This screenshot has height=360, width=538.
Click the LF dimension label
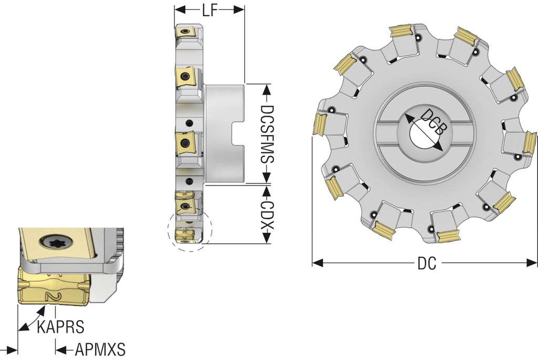point(209,10)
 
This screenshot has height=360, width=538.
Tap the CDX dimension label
point(267,214)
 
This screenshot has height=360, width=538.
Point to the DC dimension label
point(427,263)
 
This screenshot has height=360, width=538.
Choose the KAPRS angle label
point(60,327)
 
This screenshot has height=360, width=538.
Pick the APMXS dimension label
point(100,349)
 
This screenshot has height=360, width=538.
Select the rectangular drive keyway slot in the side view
point(237,133)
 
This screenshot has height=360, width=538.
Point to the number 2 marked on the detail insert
point(51,296)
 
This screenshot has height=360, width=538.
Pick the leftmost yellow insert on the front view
point(319,124)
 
